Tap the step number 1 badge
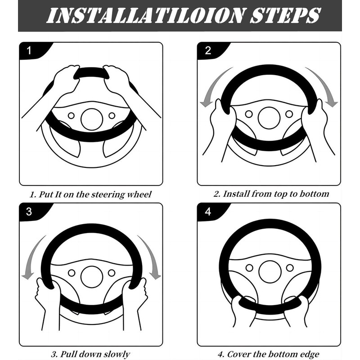(29, 50)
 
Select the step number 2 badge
(207, 50)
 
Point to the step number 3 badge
(29, 211)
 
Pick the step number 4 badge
(207, 211)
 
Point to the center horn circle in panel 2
(269, 118)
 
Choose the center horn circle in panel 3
(92, 276)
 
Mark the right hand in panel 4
(297, 310)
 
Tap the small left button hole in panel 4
(250, 268)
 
